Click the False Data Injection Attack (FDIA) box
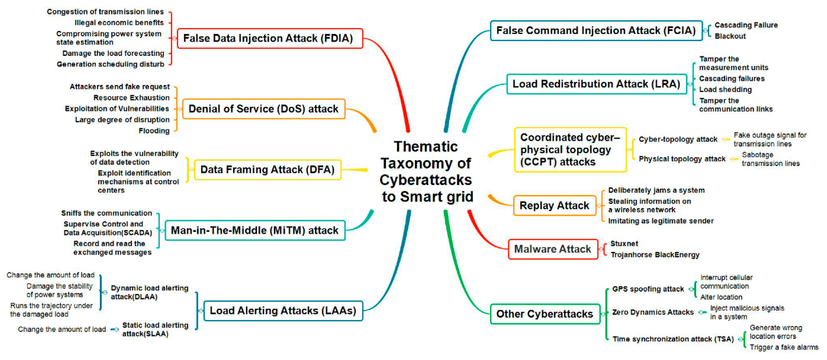[270, 38]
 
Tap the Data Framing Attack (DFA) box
[267, 169]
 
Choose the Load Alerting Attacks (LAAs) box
[283, 311]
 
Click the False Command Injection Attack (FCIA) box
[596, 30]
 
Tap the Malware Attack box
[553, 249]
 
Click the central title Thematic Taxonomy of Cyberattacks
[426, 172]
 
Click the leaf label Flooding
[154, 131]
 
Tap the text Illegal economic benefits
[119, 23]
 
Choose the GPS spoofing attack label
[648, 289]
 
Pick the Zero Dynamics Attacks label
[653, 312]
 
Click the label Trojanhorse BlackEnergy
[655, 255]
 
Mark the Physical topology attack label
[682, 159]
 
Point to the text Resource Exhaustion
[131, 98]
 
